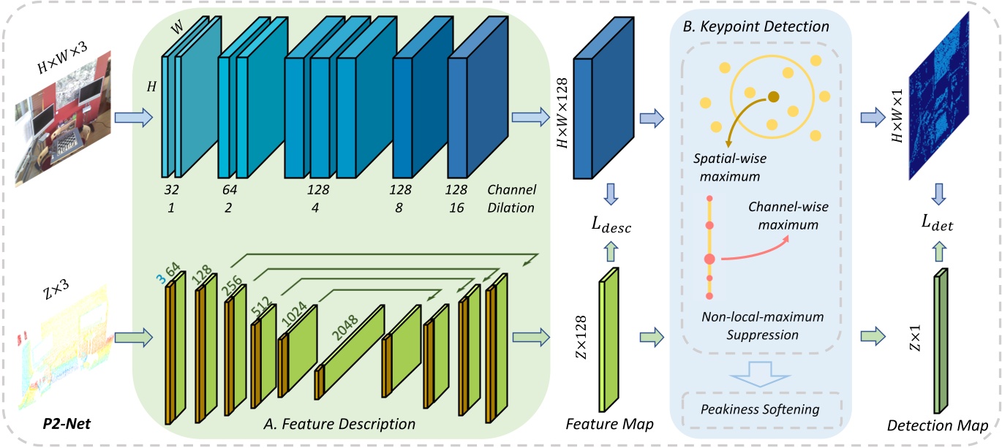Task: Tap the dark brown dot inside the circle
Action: pyautogui.click(x=773, y=96)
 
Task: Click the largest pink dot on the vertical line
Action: pyautogui.click(x=709, y=259)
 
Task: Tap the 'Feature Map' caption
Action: pyautogui.click(x=609, y=423)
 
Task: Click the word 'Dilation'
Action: pyautogui.click(x=511, y=207)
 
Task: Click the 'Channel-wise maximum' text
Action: pyautogui.click(x=783, y=217)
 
